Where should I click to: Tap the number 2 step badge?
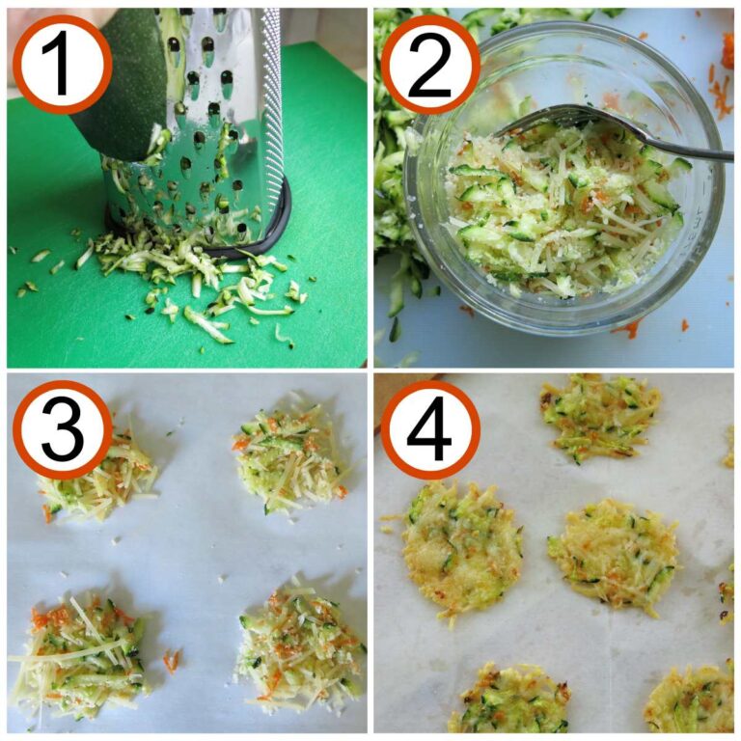point(430,64)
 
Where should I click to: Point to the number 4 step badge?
point(430,430)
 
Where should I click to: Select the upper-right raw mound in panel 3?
point(289,458)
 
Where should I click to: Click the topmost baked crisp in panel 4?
point(599,415)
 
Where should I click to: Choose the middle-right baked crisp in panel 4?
point(614,555)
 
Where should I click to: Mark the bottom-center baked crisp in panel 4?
point(507,700)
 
